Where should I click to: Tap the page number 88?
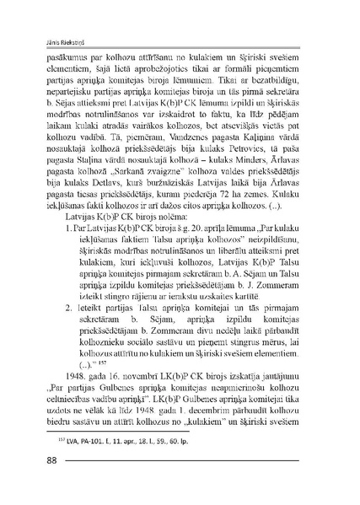[40, 483]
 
